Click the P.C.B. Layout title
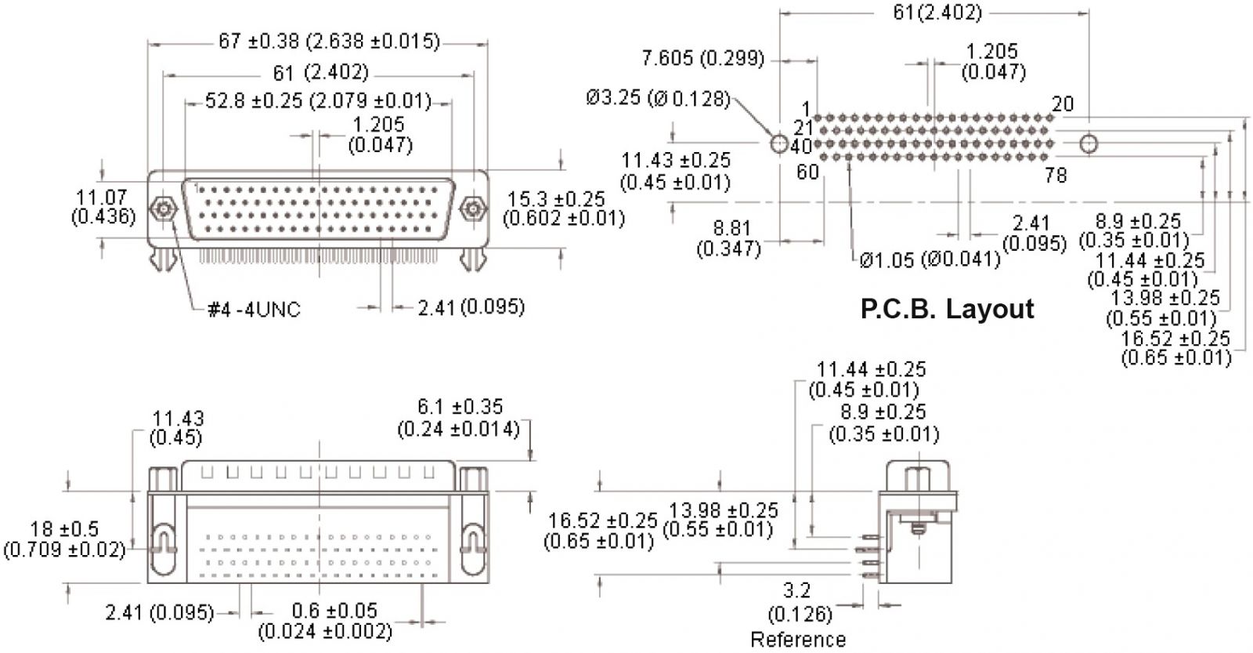tap(947, 309)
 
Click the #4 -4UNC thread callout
tap(254, 309)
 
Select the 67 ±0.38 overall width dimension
tap(329, 42)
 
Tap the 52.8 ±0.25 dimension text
tap(318, 101)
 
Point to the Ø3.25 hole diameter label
tap(659, 98)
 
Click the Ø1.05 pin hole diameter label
tap(930, 259)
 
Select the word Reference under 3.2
tap(798, 639)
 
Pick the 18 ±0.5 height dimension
tap(65, 539)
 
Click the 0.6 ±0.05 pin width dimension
tap(326, 621)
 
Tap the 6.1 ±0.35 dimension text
tap(459, 418)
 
